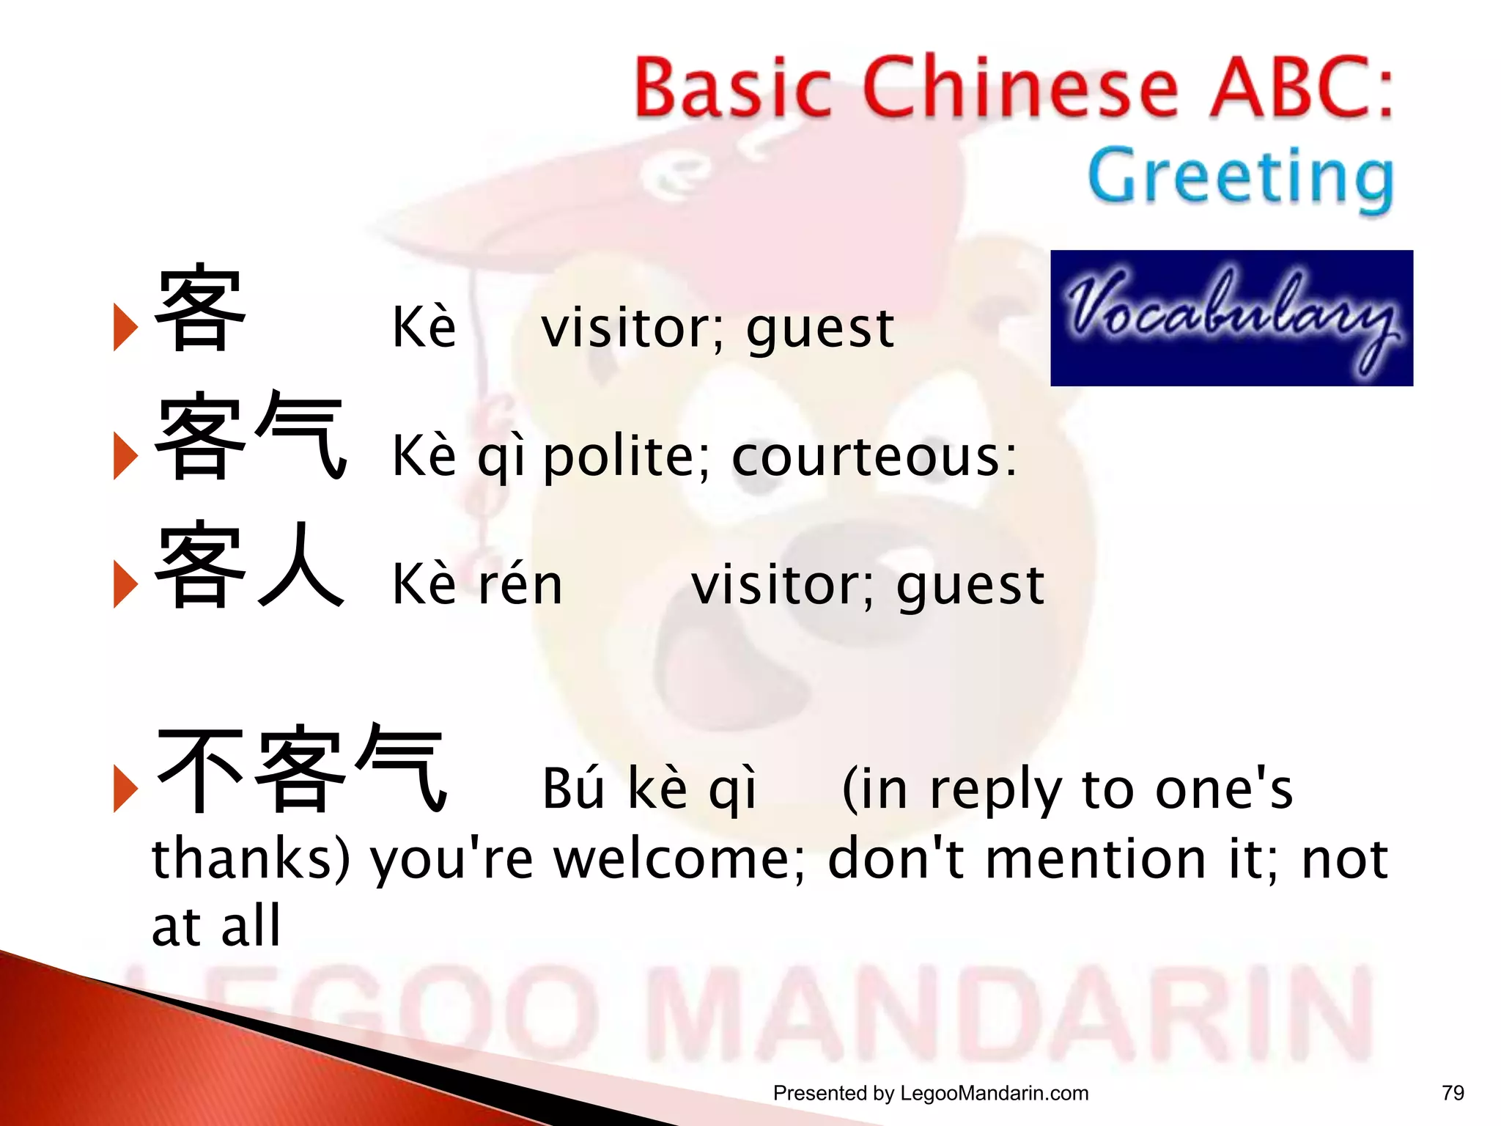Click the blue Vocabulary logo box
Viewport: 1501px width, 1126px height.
(1231, 317)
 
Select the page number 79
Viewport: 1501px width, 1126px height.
(1453, 1093)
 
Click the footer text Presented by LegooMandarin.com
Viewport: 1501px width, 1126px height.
(930, 1093)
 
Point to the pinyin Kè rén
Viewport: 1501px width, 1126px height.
(477, 584)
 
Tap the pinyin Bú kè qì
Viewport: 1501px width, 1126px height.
(649, 789)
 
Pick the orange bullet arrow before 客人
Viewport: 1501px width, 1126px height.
(125, 584)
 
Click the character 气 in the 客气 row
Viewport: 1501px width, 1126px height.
(300, 435)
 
